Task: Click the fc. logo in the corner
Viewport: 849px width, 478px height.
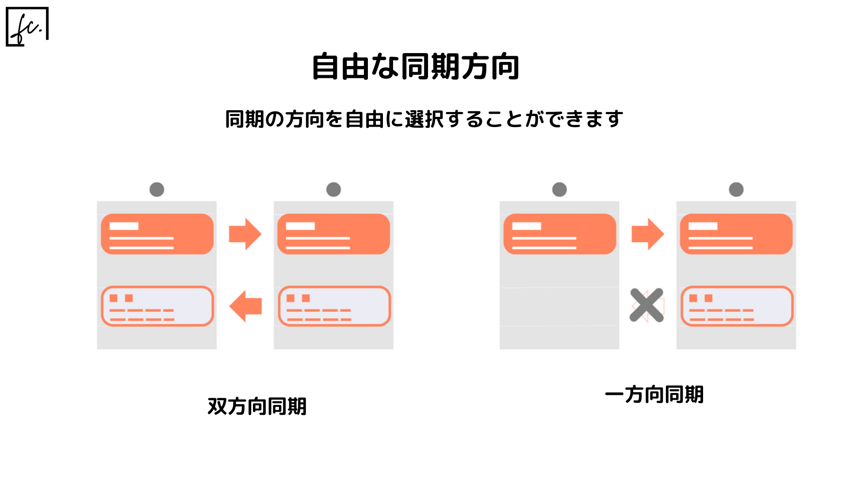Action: (x=27, y=27)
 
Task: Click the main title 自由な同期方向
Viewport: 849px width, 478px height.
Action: (x=415, y=67)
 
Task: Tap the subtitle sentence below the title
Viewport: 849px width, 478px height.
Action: (x=424, y=119)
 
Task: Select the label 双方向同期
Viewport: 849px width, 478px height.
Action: (x=257, y=406)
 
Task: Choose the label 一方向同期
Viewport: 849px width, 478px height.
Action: (x=654, y=394)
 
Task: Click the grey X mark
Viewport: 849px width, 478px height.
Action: (x=647, y=305)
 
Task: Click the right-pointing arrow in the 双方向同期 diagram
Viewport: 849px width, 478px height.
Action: (x=245, y=234)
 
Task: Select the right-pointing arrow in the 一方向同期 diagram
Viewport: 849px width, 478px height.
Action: (x=648, y=234)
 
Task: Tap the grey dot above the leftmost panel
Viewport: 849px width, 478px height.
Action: (x=157, y=189)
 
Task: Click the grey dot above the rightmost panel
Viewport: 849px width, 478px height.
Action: (x=736, y=189)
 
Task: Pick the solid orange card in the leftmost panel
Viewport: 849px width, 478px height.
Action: (x=157, y=234)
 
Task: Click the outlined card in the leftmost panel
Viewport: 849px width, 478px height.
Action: (x=157, y=306)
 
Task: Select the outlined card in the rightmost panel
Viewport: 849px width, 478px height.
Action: (x=737, y=306)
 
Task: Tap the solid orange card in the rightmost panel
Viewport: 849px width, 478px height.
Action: (x=736, y=234)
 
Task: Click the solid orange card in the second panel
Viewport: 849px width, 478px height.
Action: (x=333, y=234)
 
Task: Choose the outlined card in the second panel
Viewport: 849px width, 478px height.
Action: (x=334, y=306)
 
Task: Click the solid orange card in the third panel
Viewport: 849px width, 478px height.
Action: (x=560, y=234)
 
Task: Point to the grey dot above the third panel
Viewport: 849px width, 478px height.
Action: (x=559, y=189)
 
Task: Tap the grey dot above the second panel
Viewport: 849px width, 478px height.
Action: (x=333, y=189)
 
